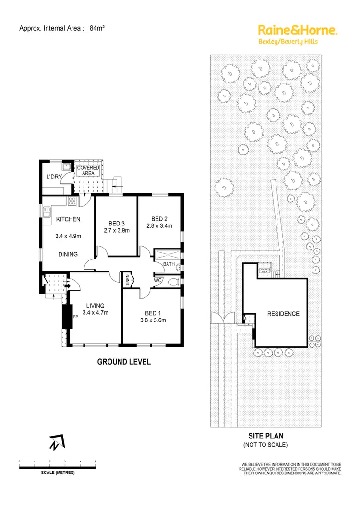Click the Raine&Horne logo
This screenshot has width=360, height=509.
click(298, 30)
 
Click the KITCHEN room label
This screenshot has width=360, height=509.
click(68, 220)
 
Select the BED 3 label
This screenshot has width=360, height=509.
click(116, 223)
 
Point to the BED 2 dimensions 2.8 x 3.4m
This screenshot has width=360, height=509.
click(159, 226)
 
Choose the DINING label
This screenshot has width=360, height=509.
click(68, 254)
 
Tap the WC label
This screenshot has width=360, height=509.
click(157, 280)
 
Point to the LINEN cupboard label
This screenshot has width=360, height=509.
click(127, 279)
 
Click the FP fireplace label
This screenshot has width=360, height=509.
click(75, 317)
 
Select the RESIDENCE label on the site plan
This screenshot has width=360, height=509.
click(283, 314)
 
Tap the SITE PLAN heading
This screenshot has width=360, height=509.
click(265, 436)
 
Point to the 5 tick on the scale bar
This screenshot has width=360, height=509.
click(96, 462)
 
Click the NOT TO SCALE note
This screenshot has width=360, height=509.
click(265, 445)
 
